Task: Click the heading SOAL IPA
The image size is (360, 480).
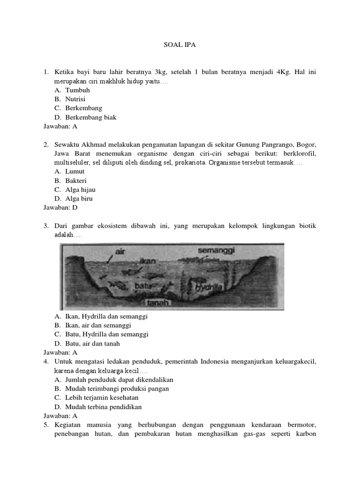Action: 180,45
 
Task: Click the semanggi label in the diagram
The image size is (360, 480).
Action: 217,250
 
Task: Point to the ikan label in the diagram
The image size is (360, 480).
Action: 147,261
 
